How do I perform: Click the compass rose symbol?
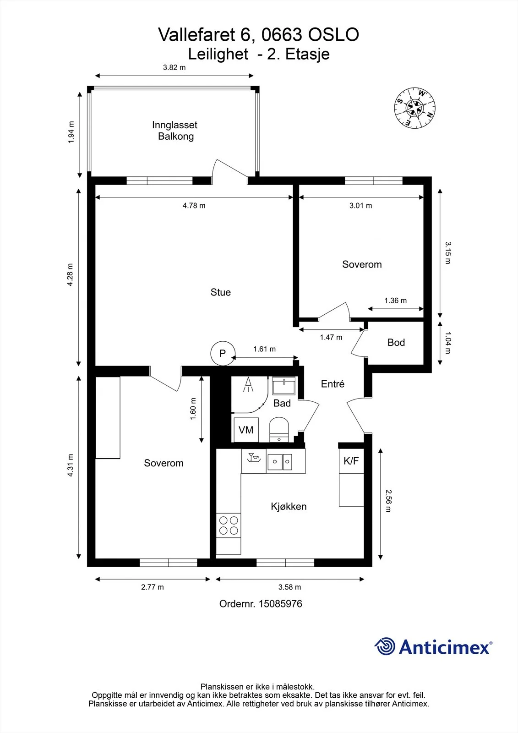click(414, 108)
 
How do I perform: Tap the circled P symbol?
click(223, 353)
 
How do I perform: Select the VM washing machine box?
click(246, 430)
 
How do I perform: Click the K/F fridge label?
click(351, 461)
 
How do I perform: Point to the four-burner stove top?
click(229, 525)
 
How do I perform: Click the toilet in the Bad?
click(279, 429)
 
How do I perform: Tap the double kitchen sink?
click(280, 462)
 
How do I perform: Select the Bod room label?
click(396, 342)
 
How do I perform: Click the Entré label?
click(333, 384)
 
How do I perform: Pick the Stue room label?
click(221, 292)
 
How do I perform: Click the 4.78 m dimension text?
click(194, 206)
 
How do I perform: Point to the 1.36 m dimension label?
click(395, 301)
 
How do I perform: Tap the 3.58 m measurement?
click(289, 596)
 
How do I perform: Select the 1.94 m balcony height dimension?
click(71, 132)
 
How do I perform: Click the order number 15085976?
click(280, 613)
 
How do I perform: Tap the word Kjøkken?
click(289, 507)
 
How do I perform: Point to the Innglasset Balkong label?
click(175, 131)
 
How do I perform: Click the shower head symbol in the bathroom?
click(248, 384)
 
